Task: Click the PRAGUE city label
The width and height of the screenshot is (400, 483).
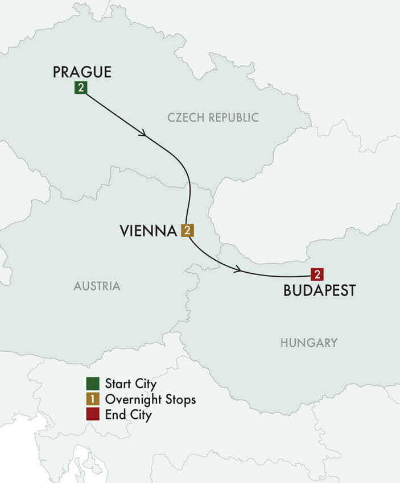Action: click(x=82, y=72)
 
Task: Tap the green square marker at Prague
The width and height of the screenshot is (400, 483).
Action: click(x=81, y=88)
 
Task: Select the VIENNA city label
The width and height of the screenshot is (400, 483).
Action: click(x=148, y=231)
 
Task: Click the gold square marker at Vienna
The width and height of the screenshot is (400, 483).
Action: click(x=187, y=231)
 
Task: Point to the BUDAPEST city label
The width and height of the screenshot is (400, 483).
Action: click(x=319, y=290)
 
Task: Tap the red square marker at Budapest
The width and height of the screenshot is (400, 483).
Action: click(x=317, y=274)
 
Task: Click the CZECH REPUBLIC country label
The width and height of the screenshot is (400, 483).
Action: click(x=213, y=118)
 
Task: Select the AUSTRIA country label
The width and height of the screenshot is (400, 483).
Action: click(x=97, y=286)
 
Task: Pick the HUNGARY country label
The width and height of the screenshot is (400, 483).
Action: click(x=308, y=343)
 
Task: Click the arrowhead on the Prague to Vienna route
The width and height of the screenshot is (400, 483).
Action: click(x=143, y=133)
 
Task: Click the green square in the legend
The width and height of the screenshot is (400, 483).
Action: click(x=93, y=384)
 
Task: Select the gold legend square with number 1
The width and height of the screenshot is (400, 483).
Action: click(x=93, y=400)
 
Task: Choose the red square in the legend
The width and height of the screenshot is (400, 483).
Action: click(x=93, y=415)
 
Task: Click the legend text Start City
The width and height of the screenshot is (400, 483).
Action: click(x=131, y=384)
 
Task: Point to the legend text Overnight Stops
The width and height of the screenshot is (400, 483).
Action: click(x=150, y=400)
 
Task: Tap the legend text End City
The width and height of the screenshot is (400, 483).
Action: click(x=129, y=415)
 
